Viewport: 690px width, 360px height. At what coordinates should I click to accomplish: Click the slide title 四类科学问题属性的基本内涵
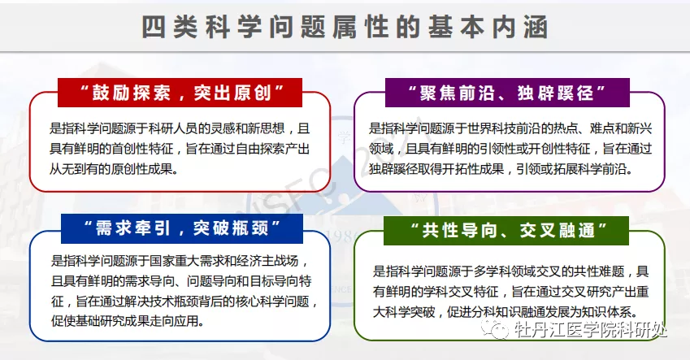tap(345, 28)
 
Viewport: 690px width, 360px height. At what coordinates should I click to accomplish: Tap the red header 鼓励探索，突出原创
tap(180, 93)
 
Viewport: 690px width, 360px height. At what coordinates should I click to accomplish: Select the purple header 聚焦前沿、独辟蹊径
tap(507, 93)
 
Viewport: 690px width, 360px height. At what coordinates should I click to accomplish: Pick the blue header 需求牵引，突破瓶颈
tap(182, 228)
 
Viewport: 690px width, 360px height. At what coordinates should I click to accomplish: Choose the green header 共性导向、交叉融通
tap(506, 230)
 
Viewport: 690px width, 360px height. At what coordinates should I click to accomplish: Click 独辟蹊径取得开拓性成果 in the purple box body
tap(436, 169)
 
